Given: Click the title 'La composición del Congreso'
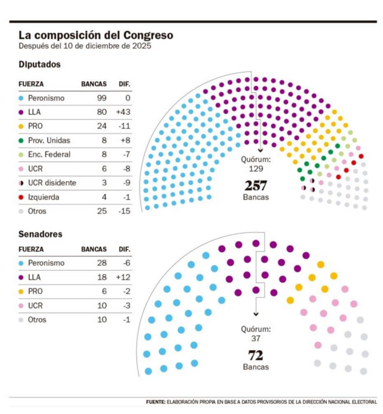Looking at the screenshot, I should [95, 35].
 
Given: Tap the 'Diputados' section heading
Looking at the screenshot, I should [39, 65].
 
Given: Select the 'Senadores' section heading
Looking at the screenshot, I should [40, 234].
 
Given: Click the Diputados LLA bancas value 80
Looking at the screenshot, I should [102, 112].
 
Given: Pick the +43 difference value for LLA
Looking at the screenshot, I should [123, 112].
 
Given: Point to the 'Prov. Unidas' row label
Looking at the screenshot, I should [49, 140].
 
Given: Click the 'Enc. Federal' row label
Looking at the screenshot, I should [49, 155].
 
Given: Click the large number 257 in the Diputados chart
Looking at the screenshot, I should [256, 185].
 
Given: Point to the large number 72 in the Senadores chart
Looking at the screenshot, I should [255, 355].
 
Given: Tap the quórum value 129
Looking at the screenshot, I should [256, 169].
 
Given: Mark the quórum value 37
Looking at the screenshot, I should [256, 338].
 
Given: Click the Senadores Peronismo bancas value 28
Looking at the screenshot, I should [102, 263].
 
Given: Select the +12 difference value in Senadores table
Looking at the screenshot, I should [123, 277].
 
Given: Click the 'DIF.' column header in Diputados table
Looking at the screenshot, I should [124, 84].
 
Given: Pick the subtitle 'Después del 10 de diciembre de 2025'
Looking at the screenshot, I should [85, 46].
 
